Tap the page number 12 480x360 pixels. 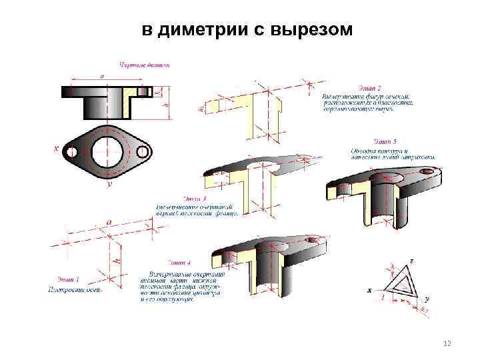(447, 343)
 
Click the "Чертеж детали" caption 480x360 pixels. (145, 65)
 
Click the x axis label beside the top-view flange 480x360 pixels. (56, 149)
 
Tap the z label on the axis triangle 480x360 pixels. (411, 260)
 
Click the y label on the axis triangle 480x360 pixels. (427, 299)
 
